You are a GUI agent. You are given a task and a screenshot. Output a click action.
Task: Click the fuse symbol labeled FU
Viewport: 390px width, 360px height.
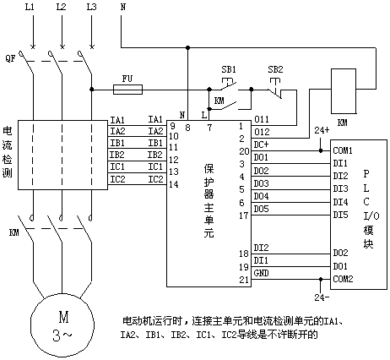pos(127,90)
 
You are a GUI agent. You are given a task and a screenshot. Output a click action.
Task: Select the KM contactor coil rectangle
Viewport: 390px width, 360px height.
pos(344,91)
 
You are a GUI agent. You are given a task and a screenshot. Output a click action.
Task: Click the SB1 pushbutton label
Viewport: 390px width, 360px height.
pos(229,69)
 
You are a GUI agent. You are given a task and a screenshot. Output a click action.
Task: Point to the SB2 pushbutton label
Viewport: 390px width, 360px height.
pos(275,69)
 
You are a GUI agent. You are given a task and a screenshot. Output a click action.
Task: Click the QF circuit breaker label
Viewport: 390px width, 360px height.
pos(10,58)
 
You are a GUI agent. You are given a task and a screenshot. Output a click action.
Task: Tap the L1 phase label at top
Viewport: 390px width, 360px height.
pos(30,7)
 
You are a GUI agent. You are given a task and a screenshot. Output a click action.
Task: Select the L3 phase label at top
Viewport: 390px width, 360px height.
pos(91,7)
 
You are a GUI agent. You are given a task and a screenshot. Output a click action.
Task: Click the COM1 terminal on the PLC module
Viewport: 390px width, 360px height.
pos(343,150)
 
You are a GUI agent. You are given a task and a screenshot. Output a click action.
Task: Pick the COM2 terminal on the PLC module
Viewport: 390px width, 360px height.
pos(343,279)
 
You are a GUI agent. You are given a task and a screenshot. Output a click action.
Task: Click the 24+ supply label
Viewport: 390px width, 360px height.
pos(322,130)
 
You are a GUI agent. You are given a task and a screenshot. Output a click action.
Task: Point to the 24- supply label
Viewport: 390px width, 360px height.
pos(322,297)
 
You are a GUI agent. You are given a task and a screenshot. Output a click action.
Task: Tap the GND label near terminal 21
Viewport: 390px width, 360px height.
pos(261,273)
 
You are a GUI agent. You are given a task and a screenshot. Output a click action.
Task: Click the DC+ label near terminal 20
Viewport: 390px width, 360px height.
pos(261,145)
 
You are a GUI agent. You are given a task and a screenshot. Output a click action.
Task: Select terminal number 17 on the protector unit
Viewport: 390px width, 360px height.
pos(244,215)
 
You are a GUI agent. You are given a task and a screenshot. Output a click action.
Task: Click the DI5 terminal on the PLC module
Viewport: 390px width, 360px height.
pos(340,215)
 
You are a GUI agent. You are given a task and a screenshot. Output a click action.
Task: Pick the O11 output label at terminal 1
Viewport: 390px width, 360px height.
pos(262,119)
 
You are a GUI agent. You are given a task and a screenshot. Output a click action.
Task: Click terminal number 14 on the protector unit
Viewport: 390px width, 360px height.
pos(174,184)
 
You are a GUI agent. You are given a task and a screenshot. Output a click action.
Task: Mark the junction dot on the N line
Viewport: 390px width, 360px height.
pos(187,47)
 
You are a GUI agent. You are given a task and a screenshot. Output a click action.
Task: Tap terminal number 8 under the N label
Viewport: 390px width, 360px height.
pos(187,128)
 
